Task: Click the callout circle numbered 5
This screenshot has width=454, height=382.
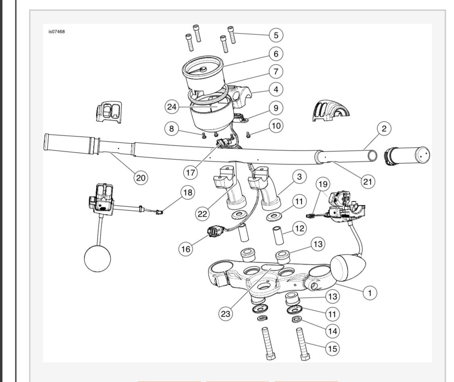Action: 276,35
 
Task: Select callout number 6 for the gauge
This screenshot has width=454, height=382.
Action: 276,53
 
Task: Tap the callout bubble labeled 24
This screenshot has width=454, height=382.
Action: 172,107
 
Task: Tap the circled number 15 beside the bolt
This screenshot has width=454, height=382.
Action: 333,348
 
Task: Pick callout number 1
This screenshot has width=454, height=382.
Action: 368,292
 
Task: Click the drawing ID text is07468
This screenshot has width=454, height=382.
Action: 56,32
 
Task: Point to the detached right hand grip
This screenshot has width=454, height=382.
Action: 408,156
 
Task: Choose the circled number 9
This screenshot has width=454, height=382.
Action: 276,108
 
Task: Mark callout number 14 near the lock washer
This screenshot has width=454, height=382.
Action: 333,330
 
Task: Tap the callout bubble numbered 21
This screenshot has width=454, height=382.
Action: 367,182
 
